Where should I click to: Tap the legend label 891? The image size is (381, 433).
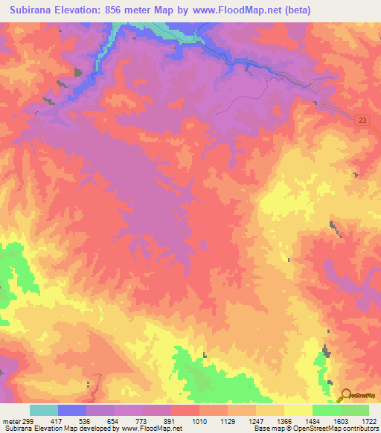171,420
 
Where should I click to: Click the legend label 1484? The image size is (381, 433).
313,420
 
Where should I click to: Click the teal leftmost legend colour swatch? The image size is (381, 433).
43,410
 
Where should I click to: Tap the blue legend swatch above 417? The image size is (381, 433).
71,410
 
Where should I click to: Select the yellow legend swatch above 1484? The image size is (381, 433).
298,410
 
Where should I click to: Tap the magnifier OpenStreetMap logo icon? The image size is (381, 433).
345,396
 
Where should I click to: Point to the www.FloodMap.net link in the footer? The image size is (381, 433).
155,429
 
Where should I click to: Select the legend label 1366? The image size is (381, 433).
284,420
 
